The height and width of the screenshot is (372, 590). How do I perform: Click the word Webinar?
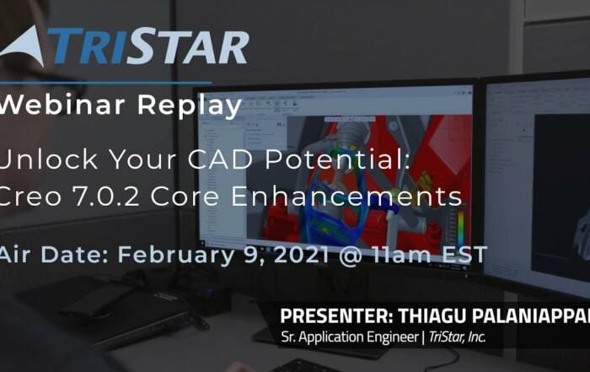62,105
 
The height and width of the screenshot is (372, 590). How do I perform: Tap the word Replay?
190,107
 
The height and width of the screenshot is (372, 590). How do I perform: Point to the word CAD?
220,159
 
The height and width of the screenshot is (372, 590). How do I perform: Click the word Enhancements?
346,197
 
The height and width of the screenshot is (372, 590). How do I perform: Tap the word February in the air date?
176,255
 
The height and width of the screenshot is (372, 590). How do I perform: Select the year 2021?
302,255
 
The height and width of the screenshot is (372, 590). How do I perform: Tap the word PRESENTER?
337,315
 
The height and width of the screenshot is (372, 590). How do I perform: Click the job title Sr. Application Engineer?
350,337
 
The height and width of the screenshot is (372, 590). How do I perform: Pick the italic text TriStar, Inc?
457,337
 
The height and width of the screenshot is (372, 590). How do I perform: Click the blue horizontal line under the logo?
105,82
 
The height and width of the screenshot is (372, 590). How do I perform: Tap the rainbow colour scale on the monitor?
461,227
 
